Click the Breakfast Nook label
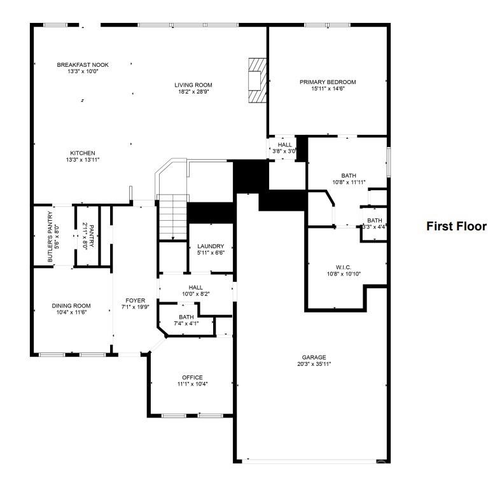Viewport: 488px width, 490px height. point(83,65)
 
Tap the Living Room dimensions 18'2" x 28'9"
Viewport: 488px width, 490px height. point(193,92)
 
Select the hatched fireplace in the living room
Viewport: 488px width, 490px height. point(258,80)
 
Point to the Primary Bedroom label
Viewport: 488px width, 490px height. point(328,82)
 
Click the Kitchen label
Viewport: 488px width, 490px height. point(83,153)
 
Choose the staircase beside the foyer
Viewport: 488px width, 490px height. point(172,217)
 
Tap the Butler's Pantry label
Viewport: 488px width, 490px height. point(50,237)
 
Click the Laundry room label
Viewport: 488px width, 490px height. point(211,246)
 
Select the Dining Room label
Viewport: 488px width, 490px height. point(71,305)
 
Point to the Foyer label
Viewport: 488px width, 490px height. point(136,300)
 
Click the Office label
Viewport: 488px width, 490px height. point(192,377)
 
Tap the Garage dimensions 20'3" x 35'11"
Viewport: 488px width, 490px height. point(314,364)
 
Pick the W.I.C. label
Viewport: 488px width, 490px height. point(344,267)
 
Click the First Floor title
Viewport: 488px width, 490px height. point(456,226)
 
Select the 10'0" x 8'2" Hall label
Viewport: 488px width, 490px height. point(195,291)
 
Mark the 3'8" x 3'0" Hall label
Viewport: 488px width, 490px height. point(284,148)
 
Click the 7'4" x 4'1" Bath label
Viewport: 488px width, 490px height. point(186,320)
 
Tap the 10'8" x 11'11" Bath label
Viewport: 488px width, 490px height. point(349,179)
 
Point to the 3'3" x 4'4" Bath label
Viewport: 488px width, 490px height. point(374,224)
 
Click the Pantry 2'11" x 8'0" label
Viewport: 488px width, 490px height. point(88,236)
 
